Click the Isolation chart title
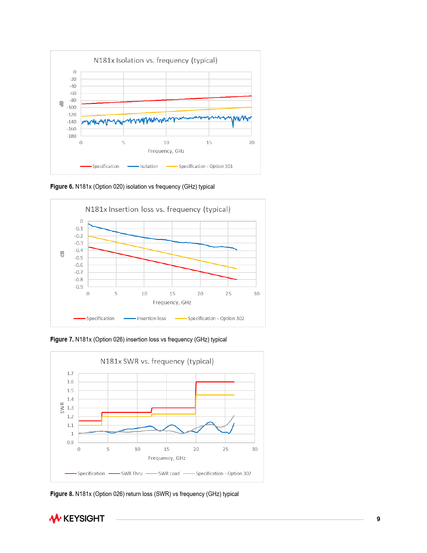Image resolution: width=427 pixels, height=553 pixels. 155,60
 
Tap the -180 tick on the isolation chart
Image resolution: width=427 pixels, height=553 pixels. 72,136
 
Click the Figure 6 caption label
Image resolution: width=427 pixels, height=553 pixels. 62,187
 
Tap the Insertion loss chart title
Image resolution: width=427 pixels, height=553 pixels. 158,209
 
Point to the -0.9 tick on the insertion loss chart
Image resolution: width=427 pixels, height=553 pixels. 79,287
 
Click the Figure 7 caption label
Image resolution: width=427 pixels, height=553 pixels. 62,340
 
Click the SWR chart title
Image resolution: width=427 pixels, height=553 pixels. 157,361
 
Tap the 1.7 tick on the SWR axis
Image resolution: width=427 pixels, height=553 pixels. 70,373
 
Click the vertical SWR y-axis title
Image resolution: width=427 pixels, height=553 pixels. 62,408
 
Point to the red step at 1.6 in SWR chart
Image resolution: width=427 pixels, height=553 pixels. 215,382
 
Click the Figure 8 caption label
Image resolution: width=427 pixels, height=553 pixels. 62,494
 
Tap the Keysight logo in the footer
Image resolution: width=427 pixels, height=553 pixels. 77,518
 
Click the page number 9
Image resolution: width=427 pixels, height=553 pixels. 378,519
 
